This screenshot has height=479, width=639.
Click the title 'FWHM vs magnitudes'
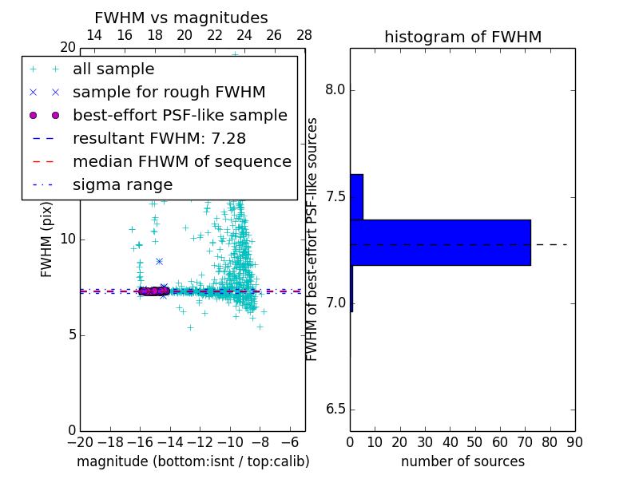181,18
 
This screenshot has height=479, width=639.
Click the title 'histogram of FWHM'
462,38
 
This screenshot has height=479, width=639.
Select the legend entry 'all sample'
113,69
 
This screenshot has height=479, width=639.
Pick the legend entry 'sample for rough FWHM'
169,93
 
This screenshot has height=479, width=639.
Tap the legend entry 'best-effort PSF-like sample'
180,116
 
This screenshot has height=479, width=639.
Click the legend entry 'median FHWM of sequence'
181,162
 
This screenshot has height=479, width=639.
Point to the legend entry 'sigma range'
122,185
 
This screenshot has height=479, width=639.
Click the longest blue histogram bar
440,242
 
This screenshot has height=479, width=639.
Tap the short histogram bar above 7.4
356,196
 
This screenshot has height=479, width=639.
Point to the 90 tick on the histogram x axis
574,442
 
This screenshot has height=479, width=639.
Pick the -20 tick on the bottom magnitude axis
80,442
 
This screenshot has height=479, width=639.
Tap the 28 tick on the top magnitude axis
304,35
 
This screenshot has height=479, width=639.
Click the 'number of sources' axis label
462,462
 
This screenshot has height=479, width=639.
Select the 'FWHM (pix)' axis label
47,240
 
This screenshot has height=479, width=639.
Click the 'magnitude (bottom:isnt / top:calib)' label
192,462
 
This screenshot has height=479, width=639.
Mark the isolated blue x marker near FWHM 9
159,261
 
